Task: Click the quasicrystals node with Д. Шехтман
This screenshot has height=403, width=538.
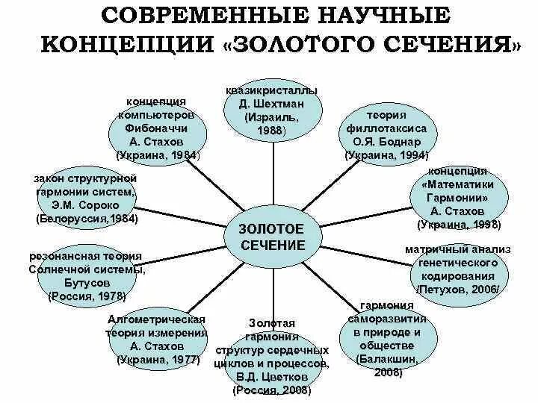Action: point(275,110)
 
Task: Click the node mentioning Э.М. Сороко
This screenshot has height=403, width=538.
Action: point(87,199)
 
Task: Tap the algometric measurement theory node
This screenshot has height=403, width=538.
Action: point(156,338)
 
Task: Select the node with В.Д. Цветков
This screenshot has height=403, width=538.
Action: point(272,357)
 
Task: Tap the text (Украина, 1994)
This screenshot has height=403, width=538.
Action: point(387,155)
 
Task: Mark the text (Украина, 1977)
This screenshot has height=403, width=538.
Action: point(156,359)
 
